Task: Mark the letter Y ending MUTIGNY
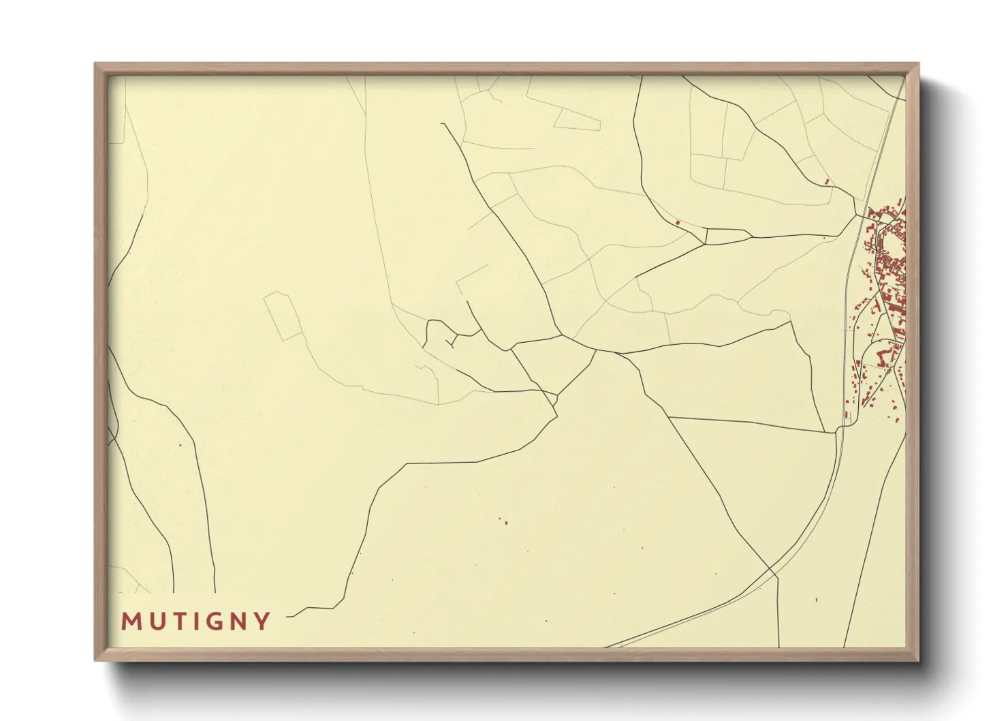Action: pos(262,622)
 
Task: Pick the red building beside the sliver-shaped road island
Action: pos(678,222)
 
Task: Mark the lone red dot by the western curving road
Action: pos(180,446)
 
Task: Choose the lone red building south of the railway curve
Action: pos(817,600)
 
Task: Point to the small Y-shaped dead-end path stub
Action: pos(452,340)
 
